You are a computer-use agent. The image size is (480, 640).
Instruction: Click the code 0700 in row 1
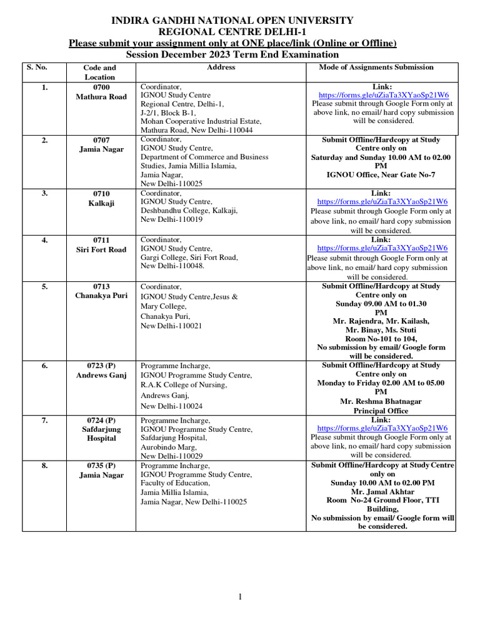point(101,87)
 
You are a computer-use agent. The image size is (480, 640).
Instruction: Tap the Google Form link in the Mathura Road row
point(382,95)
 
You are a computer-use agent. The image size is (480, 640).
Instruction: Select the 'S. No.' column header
point(37,67)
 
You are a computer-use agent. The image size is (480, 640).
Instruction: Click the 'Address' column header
point(221,67)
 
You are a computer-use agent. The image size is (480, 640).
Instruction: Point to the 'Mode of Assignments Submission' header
point(376,67)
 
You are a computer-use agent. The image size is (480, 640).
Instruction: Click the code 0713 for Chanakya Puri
point(101,286)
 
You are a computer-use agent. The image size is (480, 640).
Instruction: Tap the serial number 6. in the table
point(44,366)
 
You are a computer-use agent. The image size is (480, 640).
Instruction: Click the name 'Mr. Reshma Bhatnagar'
point(381,401)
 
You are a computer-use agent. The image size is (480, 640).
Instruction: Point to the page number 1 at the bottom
point(240,597)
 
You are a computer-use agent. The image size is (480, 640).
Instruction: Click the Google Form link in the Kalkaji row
point(382,202)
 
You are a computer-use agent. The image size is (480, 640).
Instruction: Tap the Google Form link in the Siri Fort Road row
point(382,248)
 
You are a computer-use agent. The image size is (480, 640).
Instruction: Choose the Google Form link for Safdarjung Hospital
point(382,428)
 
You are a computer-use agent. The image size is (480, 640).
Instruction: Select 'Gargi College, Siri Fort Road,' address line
point(189,257)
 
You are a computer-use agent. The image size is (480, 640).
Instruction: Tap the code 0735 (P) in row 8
point(101,466)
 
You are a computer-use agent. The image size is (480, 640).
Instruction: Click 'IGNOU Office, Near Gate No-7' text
point(381,175)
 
